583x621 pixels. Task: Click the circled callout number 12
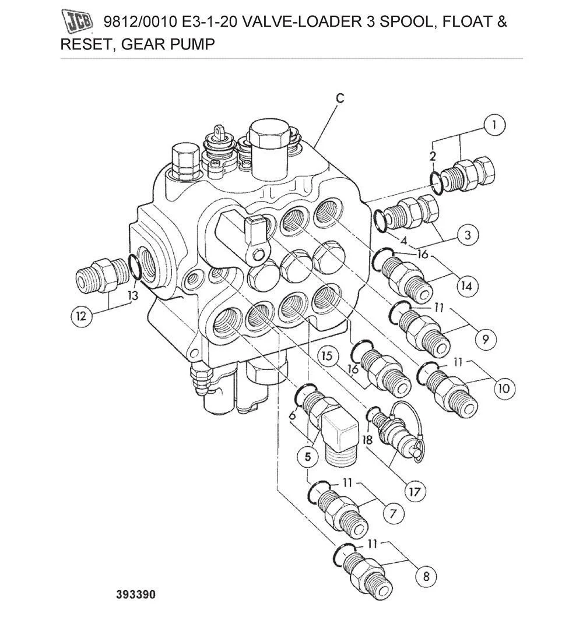(82, 316)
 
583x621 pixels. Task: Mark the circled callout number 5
(307, 457)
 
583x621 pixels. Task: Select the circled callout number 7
(393, 513)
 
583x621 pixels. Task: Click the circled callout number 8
(426, 577)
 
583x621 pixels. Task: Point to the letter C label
(340, 98)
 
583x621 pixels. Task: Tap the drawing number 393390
(136, 595)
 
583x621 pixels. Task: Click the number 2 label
(433, 155)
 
